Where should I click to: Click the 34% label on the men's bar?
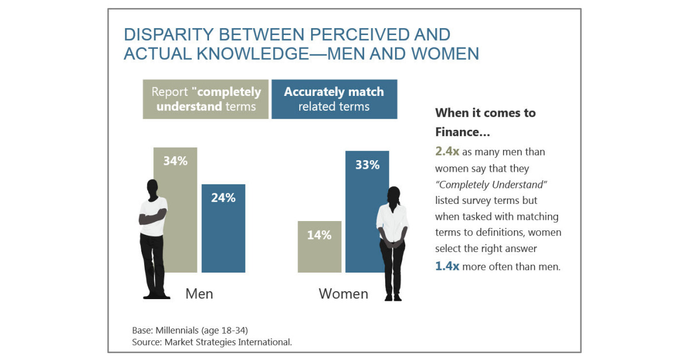(x=175, y=161)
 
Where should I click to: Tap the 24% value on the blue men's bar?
(x=223, y=198)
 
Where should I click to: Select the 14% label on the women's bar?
(x=319, y=235)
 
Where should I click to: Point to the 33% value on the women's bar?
(x=367, y=165)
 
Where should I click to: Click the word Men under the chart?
(x=199, y=294)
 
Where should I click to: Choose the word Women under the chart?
(x=343, y=294)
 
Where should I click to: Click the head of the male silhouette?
(x=153, y=188)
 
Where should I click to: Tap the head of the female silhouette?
(x=394, y=195)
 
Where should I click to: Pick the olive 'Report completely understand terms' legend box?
(x=206, y=99)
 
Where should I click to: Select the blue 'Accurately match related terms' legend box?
(x=334, y=99)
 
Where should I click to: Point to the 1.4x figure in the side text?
(x=447, y=266)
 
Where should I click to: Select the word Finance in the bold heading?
(x=456, y=131)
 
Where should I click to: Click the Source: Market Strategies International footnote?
(x=212, y=342)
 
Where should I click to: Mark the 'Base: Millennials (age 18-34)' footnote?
(x=190, y=330)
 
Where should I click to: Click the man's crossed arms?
(x=152, y=217)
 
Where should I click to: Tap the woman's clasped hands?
(x=394, y=245)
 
